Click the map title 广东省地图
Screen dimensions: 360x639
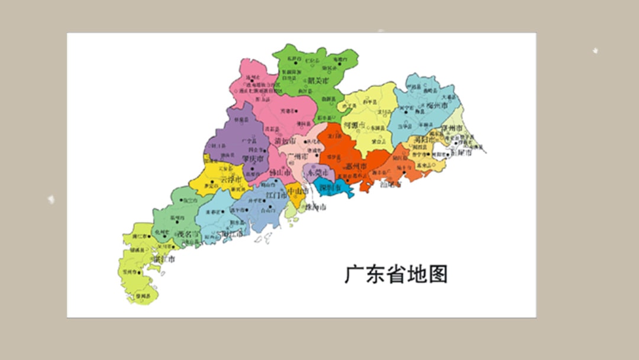pos(396,274)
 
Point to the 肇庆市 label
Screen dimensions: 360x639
pos(253,159)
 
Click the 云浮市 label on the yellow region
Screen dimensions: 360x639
pos(230,179)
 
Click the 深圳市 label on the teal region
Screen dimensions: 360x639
pos(329,188)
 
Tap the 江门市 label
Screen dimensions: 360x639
pos(276,194)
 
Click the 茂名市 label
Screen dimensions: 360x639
pos(188,234)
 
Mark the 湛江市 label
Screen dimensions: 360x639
pos(163,259)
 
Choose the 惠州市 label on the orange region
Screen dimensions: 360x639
pos(356,167)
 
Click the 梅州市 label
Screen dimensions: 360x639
pos(438,105)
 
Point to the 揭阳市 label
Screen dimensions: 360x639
pos(424,140)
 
